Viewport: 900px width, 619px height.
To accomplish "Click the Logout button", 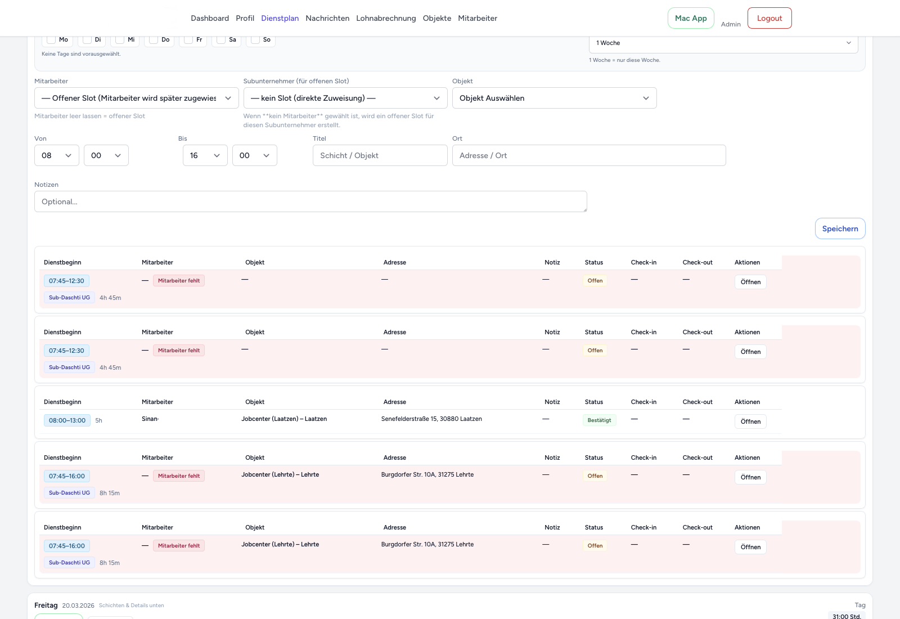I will [x=769, y=18].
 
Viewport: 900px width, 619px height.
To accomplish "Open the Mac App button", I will [x=691, y=18].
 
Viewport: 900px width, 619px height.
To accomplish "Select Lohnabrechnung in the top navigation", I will [x=386, y=18].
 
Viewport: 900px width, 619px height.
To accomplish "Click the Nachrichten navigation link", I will [x=327, y=18].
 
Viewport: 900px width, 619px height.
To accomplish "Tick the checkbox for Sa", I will [x=222, y=39].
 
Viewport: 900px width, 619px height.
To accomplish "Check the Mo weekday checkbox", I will [x=52, y=39].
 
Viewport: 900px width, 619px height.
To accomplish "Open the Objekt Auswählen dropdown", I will [x=554, y=98].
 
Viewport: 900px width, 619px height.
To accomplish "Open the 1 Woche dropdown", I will [x=723, y=43].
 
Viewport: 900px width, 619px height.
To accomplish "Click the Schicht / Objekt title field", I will [x=380, y=155].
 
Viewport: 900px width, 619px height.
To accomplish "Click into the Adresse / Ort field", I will [x=588, y=155].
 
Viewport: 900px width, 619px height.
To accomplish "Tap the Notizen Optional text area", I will [x=310, y=201].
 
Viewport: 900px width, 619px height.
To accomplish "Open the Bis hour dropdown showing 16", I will [x=205, y=155].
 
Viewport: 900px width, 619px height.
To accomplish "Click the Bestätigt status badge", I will [x=599, y=420].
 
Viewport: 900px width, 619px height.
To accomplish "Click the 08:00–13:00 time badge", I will [x=67, y=420].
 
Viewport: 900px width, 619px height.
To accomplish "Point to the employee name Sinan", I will [x=150, y=419].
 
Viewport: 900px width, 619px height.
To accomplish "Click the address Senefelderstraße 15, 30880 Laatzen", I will [x=431, y=419].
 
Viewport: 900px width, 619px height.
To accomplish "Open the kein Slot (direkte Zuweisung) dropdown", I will [x=345, y=98].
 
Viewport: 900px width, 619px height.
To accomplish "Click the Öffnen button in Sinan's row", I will [x=750, y=421].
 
